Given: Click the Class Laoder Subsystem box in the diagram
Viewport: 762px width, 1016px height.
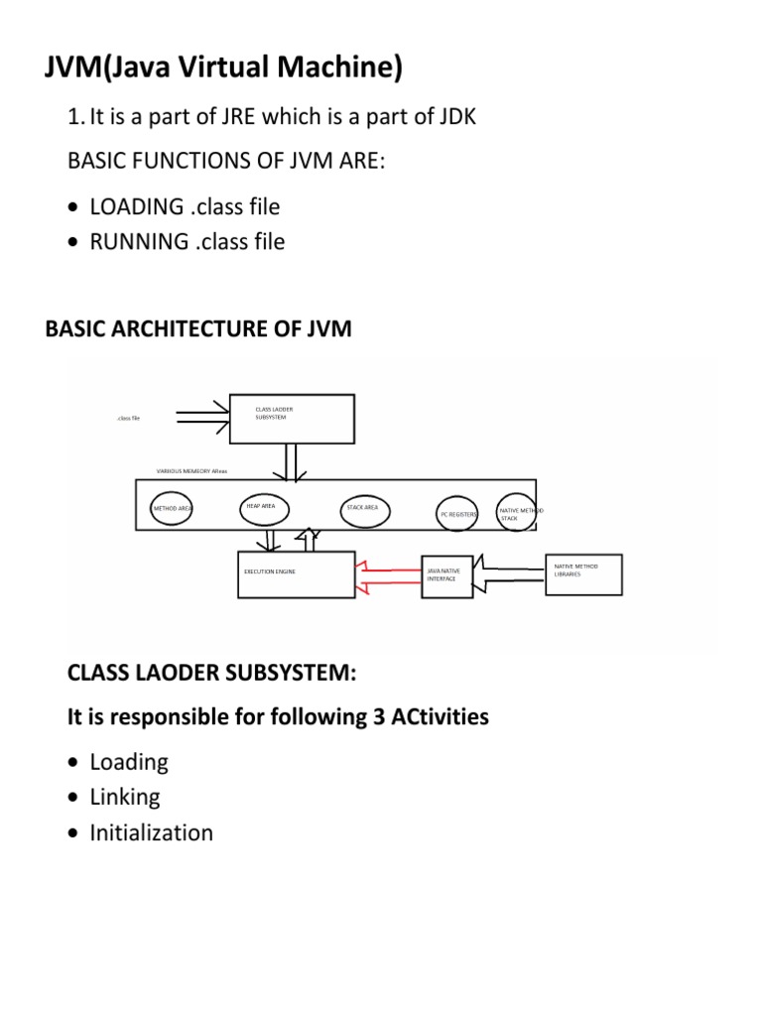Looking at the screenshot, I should pos(292,418).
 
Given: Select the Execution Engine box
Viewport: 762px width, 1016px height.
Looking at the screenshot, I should pos(296,574).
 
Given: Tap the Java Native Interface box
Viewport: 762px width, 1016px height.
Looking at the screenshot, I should pos(448,575).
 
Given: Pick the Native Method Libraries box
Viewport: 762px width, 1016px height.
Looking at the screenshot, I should pos(584,574).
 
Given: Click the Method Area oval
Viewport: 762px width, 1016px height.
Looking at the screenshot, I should pos(171,508).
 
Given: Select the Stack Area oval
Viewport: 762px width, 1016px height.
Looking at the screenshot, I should pos(363,509).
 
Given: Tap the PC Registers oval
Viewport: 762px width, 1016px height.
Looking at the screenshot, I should pos(458,514).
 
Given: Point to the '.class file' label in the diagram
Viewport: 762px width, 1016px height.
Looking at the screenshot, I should pos(127,419).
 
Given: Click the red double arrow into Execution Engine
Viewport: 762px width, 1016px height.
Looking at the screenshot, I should pos(388,576).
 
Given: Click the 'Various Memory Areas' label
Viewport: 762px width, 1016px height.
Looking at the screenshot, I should pos(191,470).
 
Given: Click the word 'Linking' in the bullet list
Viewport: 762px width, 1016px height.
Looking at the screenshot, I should pos(125,797).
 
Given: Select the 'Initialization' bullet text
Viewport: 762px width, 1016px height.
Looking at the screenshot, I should pos(151,832).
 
